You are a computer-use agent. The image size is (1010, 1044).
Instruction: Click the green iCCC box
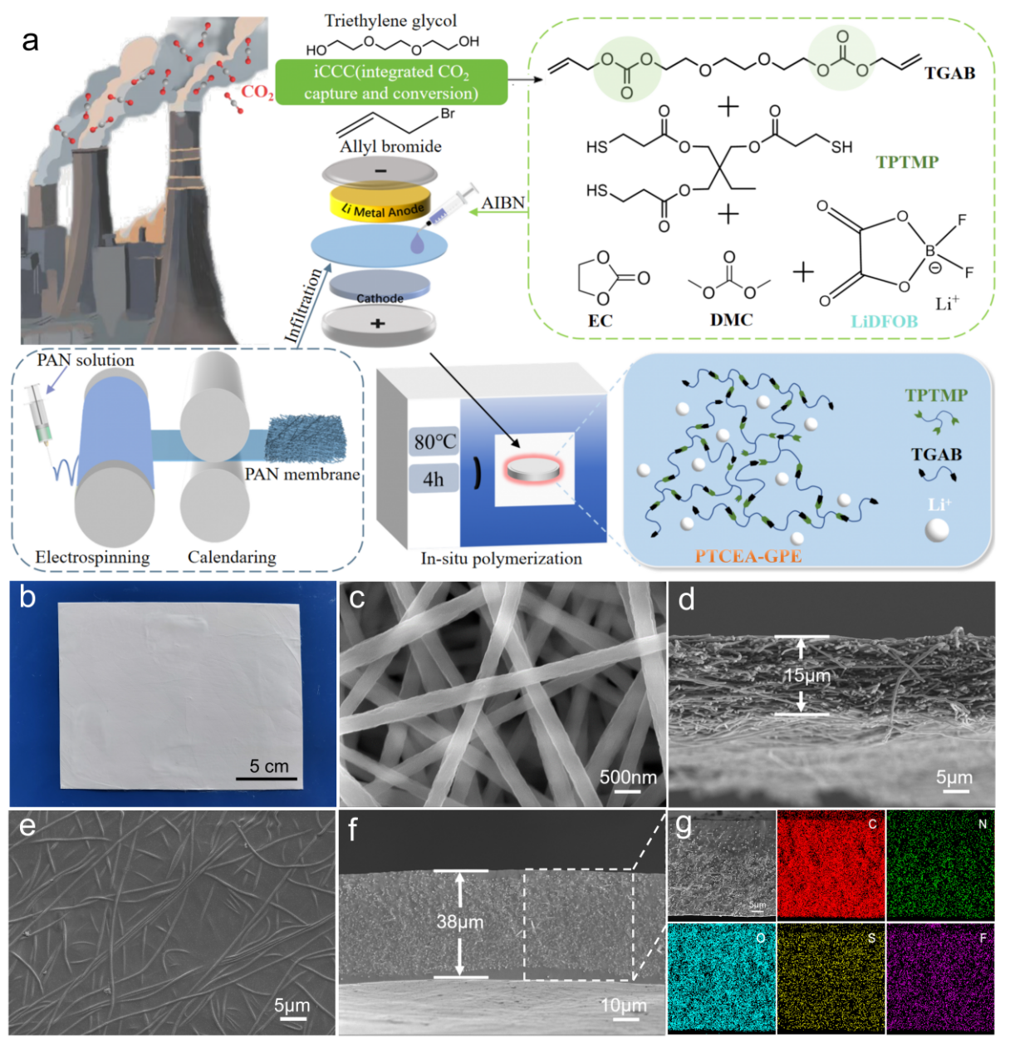391,82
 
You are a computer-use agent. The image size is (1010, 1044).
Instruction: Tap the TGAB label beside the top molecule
949,73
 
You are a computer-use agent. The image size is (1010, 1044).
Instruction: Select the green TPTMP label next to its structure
907,162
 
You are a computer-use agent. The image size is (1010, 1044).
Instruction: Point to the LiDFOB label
884,322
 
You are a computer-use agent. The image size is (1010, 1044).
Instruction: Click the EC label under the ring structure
600,321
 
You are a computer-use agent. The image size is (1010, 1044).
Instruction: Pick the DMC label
731,320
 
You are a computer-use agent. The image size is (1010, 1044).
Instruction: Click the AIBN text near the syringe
503,203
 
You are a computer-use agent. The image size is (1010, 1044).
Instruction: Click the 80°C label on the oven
434,441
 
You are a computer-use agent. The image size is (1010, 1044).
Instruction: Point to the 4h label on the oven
434,480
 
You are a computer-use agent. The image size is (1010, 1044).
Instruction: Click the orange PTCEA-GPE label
748,556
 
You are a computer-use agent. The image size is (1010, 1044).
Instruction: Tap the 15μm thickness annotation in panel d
807,675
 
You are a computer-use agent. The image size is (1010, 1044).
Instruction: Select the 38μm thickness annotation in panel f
459,921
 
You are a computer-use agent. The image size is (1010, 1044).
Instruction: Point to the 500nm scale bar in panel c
628,779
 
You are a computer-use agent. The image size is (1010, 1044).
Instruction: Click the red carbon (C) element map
830,864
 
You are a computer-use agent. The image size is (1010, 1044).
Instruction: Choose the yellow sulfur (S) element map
830,978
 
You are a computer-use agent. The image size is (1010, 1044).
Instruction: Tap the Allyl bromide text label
390,146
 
